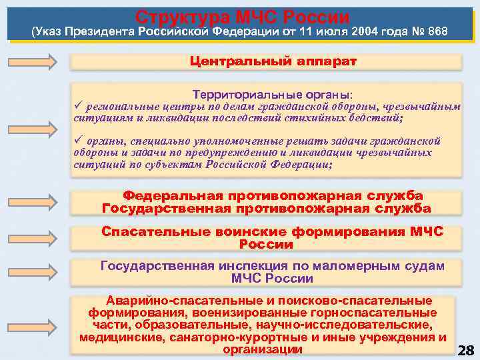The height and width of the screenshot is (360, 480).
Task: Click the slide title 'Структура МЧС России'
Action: coord(242,15)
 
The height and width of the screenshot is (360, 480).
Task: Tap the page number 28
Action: coord(466,350)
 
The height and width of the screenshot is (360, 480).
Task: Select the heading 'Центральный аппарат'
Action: coord(273,61)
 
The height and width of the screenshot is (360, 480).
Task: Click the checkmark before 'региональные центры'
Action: coord(77,107)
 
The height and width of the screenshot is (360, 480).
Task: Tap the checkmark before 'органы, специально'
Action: coord(77,141)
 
